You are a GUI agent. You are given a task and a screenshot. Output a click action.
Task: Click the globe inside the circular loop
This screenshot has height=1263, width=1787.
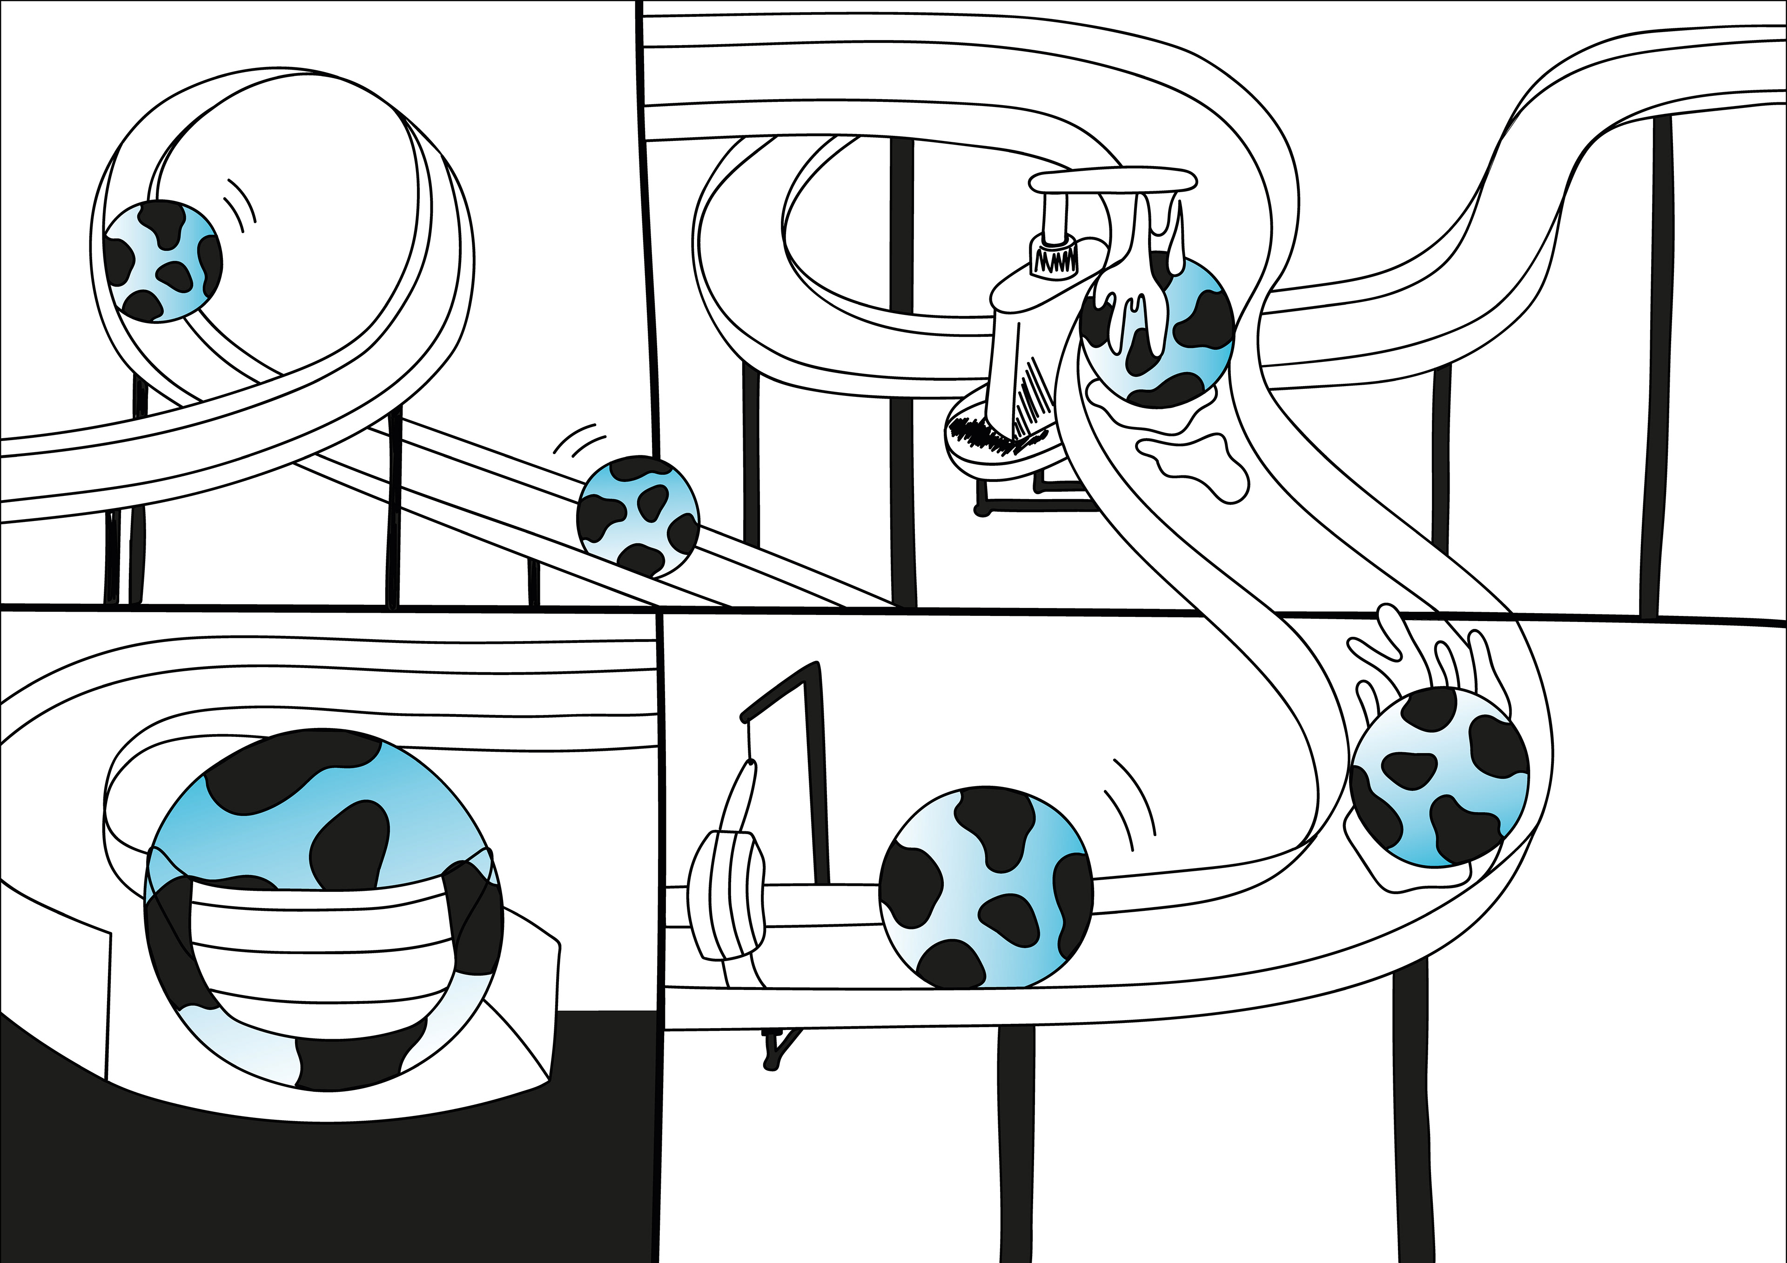163,261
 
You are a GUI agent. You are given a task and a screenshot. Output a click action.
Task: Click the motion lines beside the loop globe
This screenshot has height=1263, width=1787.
241,204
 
